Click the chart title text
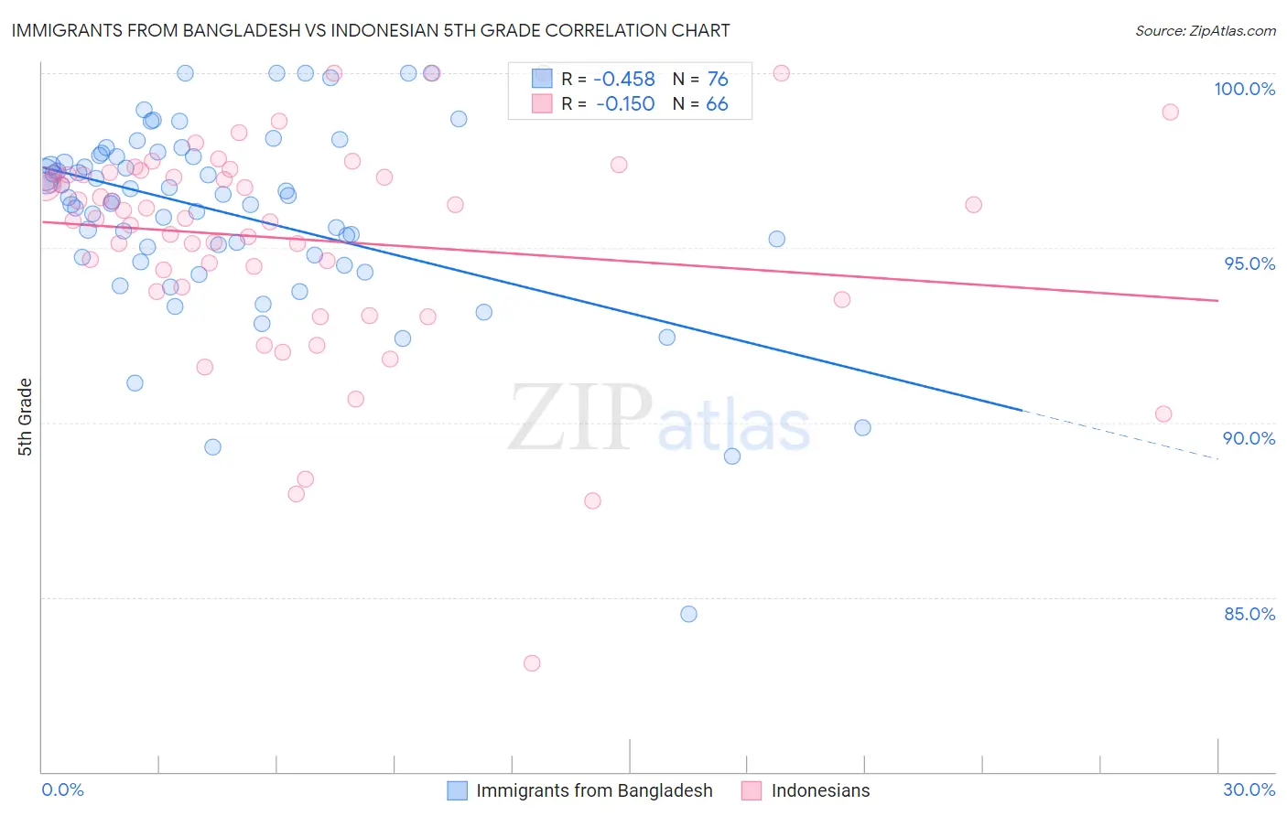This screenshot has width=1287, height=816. pos(370,30)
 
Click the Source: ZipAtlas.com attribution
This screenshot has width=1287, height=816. pos(1205,30)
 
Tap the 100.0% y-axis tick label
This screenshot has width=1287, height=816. pos(1244,89)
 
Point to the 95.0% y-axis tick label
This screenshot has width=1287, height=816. pos(1249,263)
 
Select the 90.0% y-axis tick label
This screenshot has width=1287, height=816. pos(1249,438)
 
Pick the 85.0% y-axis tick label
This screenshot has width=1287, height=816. pos(1249,614)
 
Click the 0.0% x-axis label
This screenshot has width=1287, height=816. pos(62,789)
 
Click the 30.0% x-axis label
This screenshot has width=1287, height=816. pos(1249,789)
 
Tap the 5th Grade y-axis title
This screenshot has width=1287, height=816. pos(25,417)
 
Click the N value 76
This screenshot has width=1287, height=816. pos(718,80)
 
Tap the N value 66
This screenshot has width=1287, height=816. pos(717,104)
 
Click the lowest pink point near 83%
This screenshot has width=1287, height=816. pos(532,663)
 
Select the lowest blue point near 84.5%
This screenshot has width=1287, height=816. pos(688,614)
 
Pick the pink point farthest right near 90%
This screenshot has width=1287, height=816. pos(1163,413)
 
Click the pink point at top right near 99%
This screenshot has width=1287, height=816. pos(1170,112)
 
